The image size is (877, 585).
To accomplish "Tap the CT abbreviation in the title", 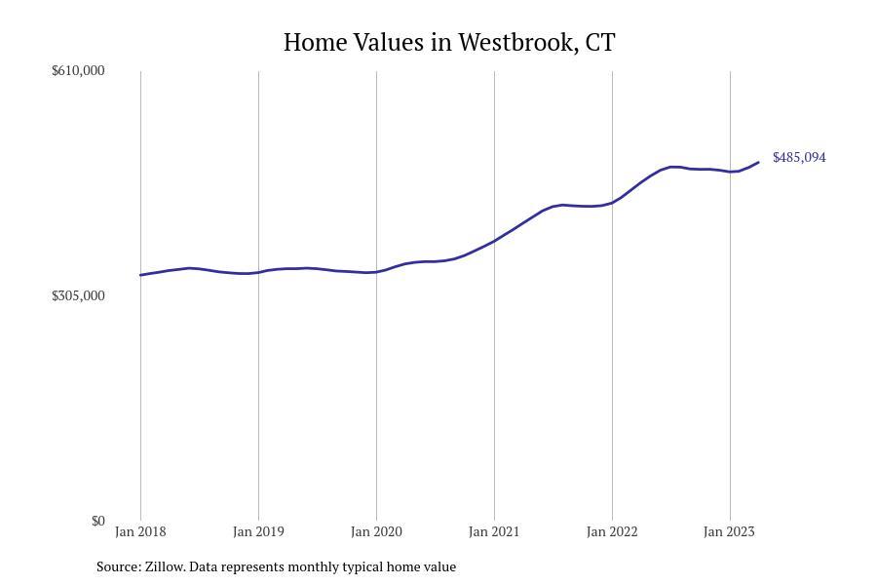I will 600,43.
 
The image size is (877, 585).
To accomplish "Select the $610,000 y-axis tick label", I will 78,70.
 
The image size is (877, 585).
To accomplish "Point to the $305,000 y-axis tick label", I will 78,295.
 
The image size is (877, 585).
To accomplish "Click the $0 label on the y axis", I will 97,521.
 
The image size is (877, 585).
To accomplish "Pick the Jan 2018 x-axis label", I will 140,531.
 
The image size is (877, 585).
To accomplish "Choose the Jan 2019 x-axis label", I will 258,531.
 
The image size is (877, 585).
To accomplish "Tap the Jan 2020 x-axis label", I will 376,531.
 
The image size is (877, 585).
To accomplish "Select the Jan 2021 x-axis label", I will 494,531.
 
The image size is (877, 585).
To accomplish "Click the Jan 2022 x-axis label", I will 612,531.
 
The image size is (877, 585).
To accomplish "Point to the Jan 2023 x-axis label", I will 729,531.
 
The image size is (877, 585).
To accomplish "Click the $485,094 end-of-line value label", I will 799,157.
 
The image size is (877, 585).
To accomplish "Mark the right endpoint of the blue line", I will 758,162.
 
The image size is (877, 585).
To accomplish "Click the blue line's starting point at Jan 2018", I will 140,275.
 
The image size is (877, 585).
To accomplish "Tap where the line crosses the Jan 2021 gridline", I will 494,240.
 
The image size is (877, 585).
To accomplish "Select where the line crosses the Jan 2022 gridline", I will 612,203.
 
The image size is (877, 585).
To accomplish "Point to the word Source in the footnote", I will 118,566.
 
